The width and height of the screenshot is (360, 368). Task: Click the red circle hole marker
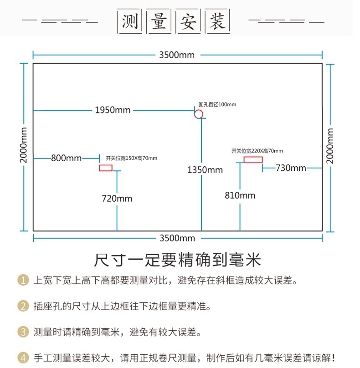pyautogui.click(x=198, y=114)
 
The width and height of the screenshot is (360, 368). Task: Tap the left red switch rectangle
pyautogui.click(x=106, y=168)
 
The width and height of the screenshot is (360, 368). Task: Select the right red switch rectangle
pyautogui.click(x=253, y=159)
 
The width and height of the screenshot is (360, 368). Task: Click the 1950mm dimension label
pyautogui.click(x=113, y=110)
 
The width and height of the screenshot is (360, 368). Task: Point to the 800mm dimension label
pyautogui.click(x=66, y=158)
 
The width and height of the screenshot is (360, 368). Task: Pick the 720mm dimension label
pyautogui.click(x=117, y=199)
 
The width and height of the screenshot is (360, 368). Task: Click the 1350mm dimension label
pyautogui.click(x=205, y=170)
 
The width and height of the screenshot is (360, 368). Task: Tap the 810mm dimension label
pyautogui.click(x=240, y=195)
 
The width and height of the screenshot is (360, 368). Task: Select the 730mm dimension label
pyautogui.click(x=291, y=168)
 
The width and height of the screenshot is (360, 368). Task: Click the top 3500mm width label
pyautogui.click(x=177, y=55)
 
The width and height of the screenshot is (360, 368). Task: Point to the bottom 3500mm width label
pyautogui.click(x=177, y=238)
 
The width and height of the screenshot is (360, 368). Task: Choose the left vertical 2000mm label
pyautogui.click(x=24, y=145)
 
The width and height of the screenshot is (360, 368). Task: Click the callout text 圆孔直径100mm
pyautogui.click(x=217, y=105)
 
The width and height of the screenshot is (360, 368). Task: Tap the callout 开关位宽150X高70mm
pyautogui.click(x=131, y=158)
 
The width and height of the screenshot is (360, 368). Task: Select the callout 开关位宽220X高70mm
pyautogui.click(x=257, y=151)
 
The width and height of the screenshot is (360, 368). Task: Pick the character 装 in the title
pyautogui.click(x=217, y=21)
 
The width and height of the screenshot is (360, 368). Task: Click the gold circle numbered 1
pyautogui.click(x=23, y=280)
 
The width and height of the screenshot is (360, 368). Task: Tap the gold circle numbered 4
pyautogui.click(x=23, y=358)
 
